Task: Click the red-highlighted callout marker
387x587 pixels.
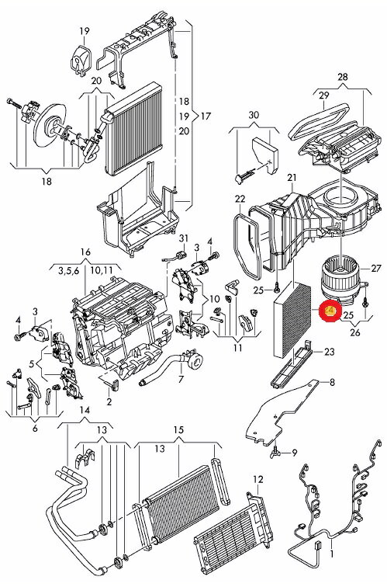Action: [329, 311]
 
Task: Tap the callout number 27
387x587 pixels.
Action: [376, 268]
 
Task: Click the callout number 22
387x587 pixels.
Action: [240, 199]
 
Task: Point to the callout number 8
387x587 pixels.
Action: [332, 382]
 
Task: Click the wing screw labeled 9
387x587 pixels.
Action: [275, 452]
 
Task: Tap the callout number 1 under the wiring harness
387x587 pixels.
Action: [331, 554]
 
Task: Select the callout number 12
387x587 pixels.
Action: [258, 479]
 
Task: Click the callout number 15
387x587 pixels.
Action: [178, 430]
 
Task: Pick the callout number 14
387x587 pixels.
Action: [85, 410]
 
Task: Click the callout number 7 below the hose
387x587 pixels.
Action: [181, 379]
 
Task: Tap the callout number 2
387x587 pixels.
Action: [109, 401]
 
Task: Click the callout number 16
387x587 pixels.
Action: [85, 252]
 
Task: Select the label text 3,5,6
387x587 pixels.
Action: [68, 271]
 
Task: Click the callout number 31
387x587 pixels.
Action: [184, 238]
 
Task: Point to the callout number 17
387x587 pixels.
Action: [206, 116]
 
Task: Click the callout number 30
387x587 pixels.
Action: [254, 115]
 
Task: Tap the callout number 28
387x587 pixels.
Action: [343, 77]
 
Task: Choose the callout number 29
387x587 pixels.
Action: [324, 96]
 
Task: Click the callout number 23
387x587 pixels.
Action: [330, 352]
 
